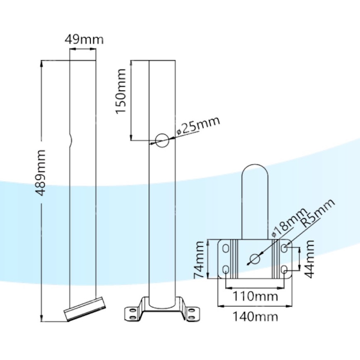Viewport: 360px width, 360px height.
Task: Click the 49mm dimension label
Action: click(x=84, y=40)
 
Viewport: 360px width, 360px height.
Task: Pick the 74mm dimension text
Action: click(x=200, y=260)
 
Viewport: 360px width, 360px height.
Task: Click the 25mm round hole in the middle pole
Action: click(x=162, y=141)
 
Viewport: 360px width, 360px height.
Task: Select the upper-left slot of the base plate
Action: click(x=226, y=248)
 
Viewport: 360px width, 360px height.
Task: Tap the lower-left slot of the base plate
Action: click(x=226, y=270)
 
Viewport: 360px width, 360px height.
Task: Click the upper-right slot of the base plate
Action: click(x=284, y=248)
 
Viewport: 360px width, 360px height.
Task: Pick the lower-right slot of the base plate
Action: click(x=284, y=270)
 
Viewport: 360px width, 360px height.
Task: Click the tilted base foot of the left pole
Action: click(x=84, y=309)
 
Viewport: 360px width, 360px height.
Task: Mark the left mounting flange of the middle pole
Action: click(x=134, y=313)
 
